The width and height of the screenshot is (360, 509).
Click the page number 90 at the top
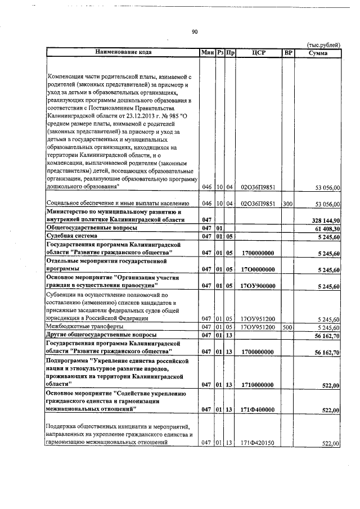point(194,32)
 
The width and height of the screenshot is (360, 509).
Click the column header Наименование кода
point(123,53)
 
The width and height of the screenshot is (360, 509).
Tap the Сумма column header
point(319,53)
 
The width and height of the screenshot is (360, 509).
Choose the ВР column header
point(288,53)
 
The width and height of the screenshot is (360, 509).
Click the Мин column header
point(207,53)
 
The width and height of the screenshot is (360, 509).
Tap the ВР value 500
point(287,327)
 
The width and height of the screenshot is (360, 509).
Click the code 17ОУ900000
point(257,286)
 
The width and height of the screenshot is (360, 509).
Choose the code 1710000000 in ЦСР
point(257,385)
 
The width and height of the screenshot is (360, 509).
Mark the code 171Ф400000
point(257,409)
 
